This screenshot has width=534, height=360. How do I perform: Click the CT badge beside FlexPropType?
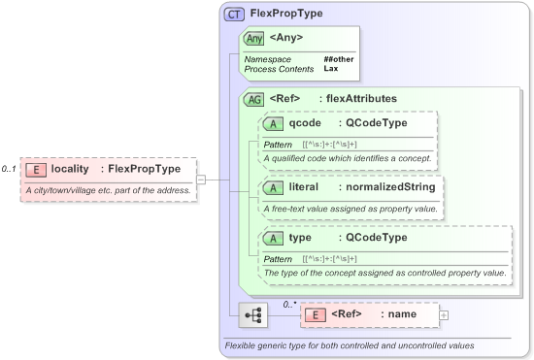pos(234,15)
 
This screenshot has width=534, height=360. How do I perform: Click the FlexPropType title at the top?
pos(286,14)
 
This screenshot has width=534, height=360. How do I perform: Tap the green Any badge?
pos(254,38)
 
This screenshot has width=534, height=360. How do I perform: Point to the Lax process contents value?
pos(331,69)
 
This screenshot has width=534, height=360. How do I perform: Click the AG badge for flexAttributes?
pos(254,99)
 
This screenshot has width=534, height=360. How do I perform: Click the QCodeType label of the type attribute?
pos(373,239)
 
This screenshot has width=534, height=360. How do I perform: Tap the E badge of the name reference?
pos(315,314)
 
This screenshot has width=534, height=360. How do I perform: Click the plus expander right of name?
pos(444,314)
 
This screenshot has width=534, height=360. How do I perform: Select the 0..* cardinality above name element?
pos(288,303)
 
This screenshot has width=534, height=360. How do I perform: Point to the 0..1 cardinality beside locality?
pos(10,169)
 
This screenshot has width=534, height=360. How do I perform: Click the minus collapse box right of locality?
pos(201,180)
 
